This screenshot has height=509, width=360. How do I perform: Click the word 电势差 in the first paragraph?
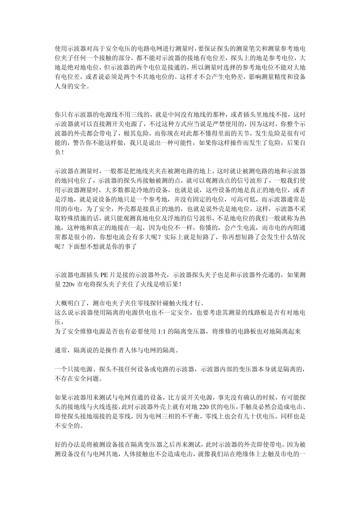tap(226, 77)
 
